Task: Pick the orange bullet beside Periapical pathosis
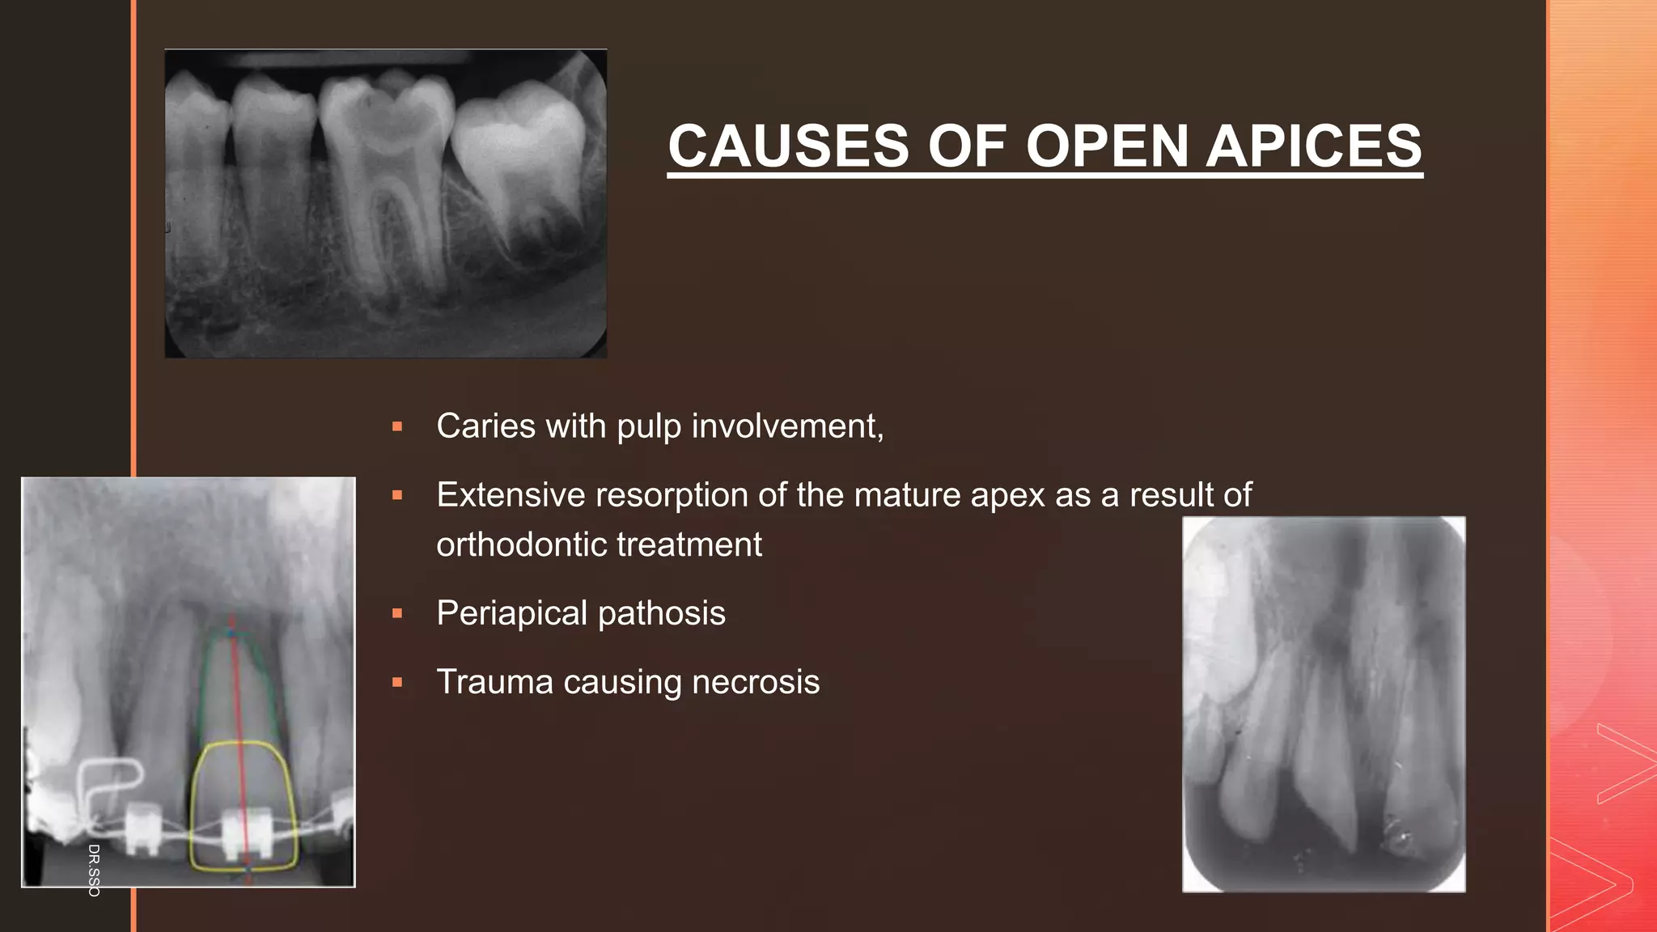(x=397, y=614)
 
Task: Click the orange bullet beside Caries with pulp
(x=397, y=427)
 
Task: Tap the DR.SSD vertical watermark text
(x=94, y=870)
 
